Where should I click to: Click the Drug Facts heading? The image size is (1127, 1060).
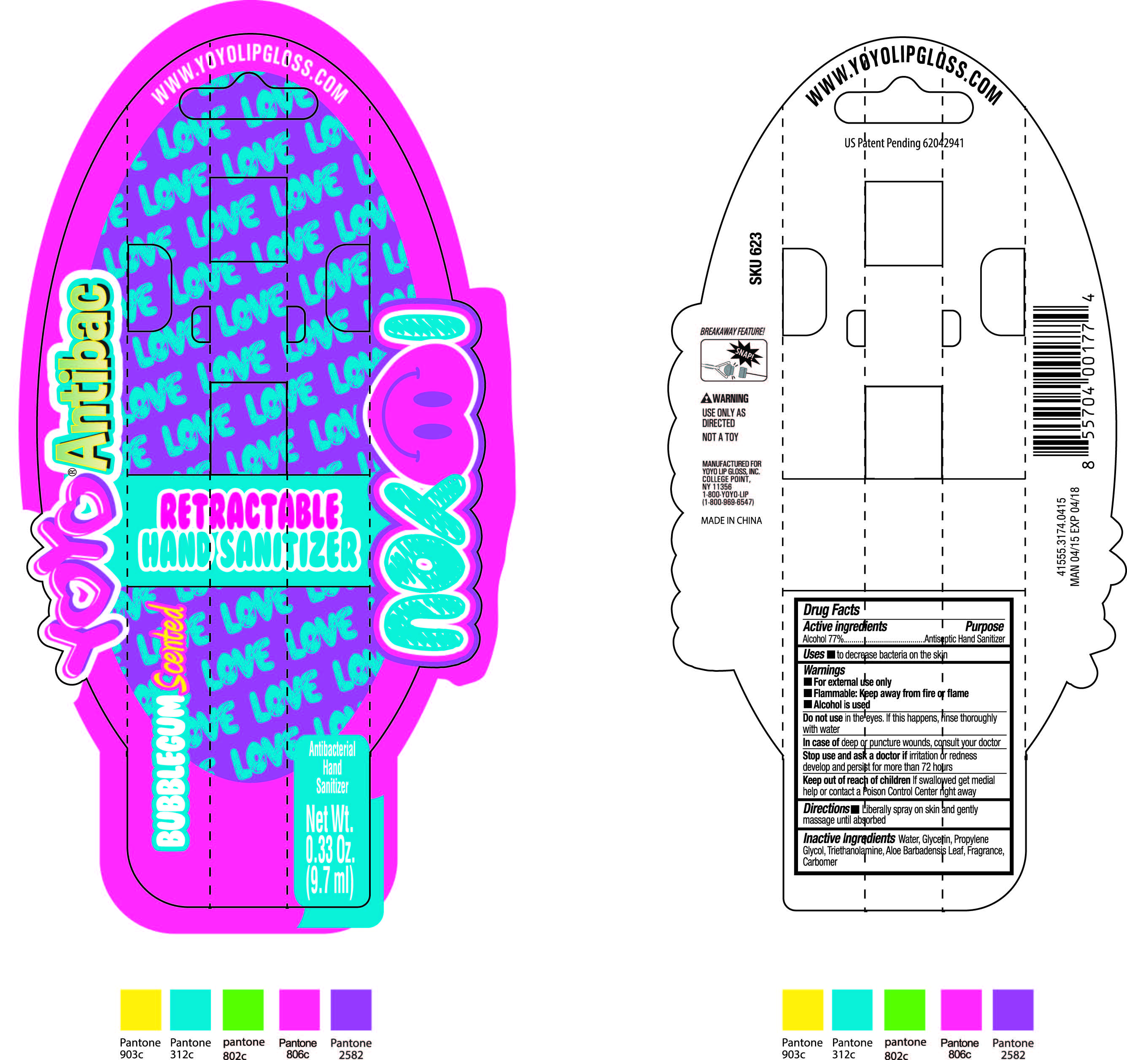coord(831,610)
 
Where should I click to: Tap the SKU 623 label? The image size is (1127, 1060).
coord(756,259)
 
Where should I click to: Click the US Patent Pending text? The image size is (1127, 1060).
coord(903,143)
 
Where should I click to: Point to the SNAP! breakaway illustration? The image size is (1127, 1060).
coord(733,360)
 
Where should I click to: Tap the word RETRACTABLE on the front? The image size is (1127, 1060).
coord(249,511)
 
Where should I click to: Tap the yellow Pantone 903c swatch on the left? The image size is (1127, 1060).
coord(140,1009)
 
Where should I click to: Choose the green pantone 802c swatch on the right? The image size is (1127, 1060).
coord(904,1009)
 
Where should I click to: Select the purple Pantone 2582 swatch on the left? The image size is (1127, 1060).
coord(351,1009)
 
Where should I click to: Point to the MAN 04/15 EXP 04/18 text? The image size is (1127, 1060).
coord(1075,536)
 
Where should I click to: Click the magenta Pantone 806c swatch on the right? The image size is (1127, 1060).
coord(960,1009)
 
